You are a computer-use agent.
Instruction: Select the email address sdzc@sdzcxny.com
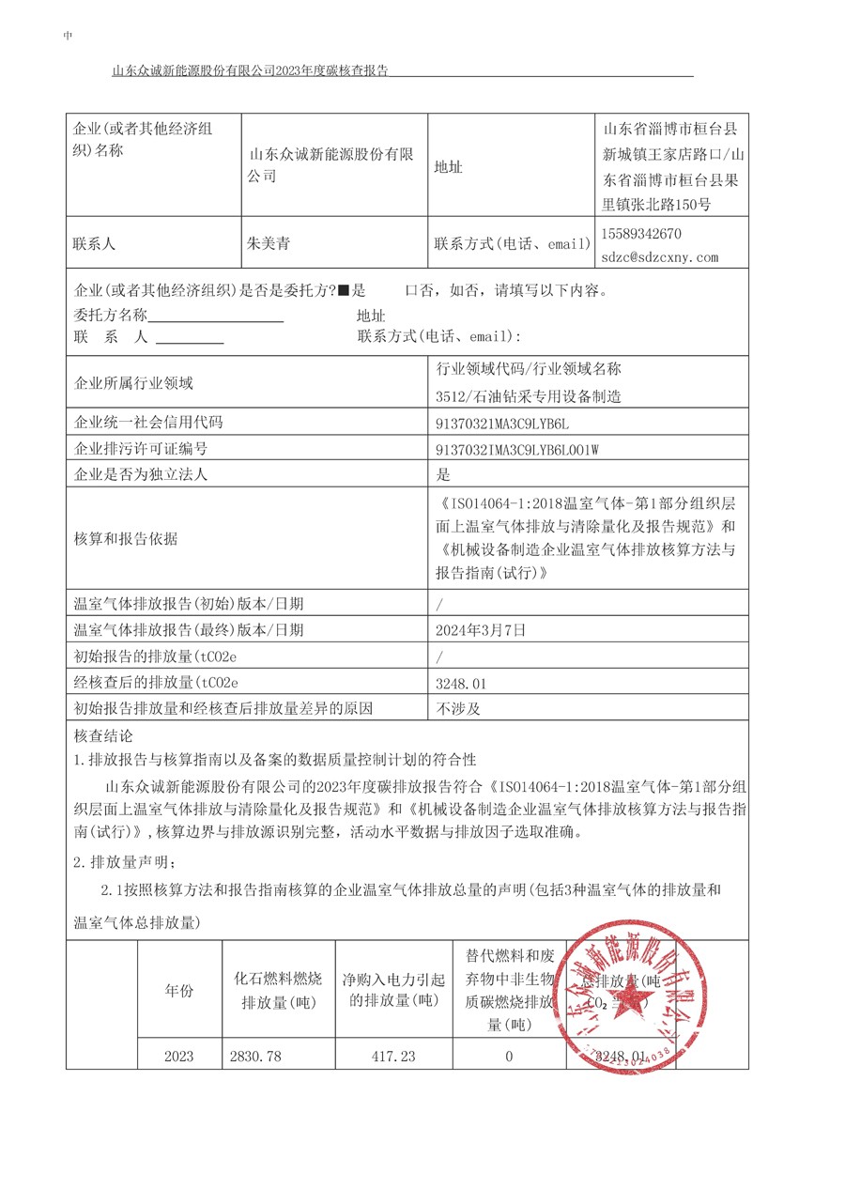(660, 256)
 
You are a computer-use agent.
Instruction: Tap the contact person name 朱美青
(269, 243)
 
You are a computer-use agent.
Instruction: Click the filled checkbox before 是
(344, 291)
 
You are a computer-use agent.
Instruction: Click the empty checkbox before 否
(410, 291)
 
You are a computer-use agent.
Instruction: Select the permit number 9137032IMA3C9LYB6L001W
(517, 449)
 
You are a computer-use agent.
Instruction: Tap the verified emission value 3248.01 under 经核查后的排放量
(461, 683)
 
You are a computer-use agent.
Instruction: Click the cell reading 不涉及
(457, 708)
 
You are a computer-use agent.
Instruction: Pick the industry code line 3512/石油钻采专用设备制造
(529, 396)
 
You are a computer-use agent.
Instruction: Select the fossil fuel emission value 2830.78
(255, 1056)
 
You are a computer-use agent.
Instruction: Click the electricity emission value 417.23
(393, 1056)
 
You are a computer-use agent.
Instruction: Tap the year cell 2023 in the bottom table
(178, 1056)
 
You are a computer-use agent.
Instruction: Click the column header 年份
(178, 990)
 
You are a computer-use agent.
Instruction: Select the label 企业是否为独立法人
(141, 474)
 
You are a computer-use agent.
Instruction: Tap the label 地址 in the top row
(448, 167)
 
